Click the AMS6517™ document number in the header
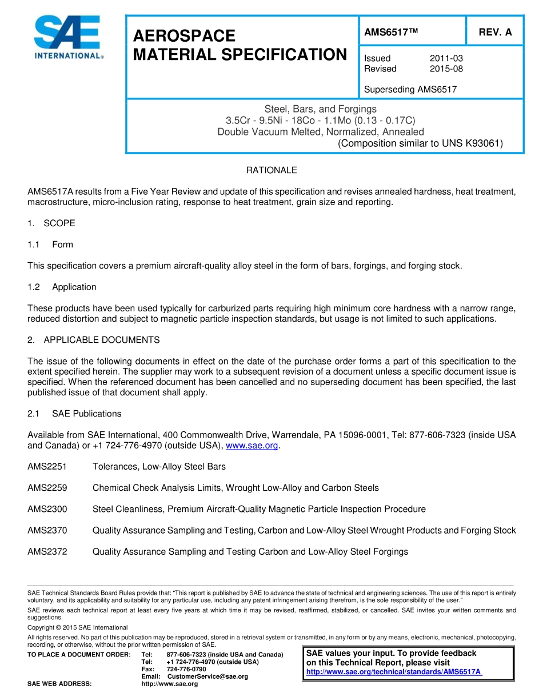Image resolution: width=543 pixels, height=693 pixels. click(391, 33)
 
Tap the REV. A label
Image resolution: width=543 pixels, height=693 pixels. click(495, 33)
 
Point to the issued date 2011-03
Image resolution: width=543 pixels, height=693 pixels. click(446, 58)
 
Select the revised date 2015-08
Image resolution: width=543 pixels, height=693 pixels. click(446, 69)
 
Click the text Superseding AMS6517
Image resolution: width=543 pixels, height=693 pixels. click(410, 89)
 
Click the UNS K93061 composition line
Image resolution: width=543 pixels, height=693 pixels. click(420, 143)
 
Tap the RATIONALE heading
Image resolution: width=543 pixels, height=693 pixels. click(271, 170)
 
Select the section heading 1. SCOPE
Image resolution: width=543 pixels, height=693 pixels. click(51, 223)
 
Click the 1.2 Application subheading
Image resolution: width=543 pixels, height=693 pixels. click(62, 287)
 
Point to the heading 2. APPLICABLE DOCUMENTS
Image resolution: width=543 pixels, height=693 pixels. click(94, 340)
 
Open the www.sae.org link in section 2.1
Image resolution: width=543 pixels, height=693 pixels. click(253, 446)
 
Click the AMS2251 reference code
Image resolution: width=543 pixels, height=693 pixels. click(47, 467)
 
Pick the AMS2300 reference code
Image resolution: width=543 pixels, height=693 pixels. click(47, 509)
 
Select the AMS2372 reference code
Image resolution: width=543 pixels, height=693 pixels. click(47, 551)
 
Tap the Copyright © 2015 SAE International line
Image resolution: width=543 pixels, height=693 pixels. click(77, 627)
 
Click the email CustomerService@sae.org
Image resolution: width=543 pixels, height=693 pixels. click(207, 676)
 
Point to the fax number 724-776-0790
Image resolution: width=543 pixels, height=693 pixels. click(186, 669)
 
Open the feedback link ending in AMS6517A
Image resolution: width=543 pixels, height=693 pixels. click(394, 672)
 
